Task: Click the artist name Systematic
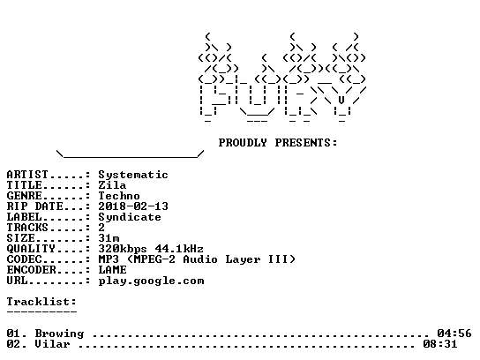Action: point(133,175)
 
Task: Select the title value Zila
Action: point(112,185)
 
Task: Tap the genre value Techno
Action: point(119,196)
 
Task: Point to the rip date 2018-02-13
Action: point(133,206)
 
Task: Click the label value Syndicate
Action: point(130,217)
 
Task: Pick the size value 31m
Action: point(109,238)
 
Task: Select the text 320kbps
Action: point(123,249)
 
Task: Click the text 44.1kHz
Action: point(179,249)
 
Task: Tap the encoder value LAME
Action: point(112,270)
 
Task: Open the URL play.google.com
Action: point(151,281)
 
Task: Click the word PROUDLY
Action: point(243,143)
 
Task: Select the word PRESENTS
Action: point(303,143)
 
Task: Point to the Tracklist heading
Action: point(41,302)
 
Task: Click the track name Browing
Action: point(59,334)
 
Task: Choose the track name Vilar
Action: point(52,344)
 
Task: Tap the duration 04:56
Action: point(454,334)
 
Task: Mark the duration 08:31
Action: point(440,344)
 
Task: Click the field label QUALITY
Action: point(31,249)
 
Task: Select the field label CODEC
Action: point(24,259)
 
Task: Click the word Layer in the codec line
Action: point(243,259)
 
